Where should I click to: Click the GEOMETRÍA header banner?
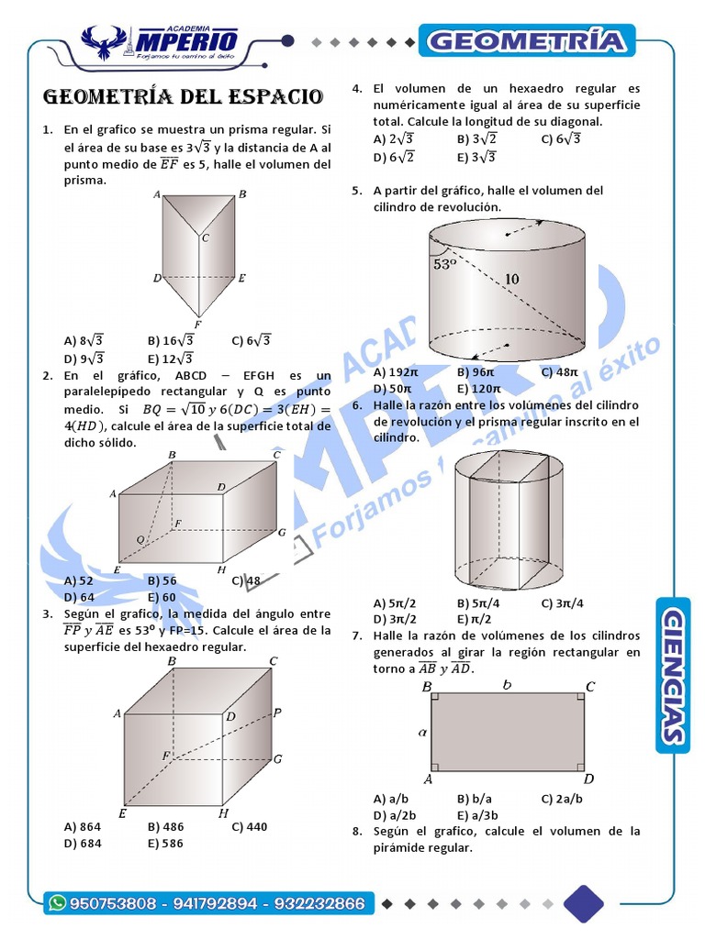coord(528,41)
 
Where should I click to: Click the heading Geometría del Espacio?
coord(184,97)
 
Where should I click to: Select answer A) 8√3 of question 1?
coord(84,340)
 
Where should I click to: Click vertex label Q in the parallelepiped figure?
coord(140,540)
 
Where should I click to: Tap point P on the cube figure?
coord(277,712)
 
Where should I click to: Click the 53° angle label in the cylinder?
coord(444,264)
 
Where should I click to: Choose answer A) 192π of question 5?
coord(395,372)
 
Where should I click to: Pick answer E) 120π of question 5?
coord(477,390)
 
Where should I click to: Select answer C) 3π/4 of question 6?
coord(562,602)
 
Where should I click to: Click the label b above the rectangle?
coord(507,684)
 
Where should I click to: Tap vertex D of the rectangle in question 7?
coord(589,779)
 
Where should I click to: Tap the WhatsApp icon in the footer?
coord(59,903)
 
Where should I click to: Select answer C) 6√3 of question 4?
coord(560,139)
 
